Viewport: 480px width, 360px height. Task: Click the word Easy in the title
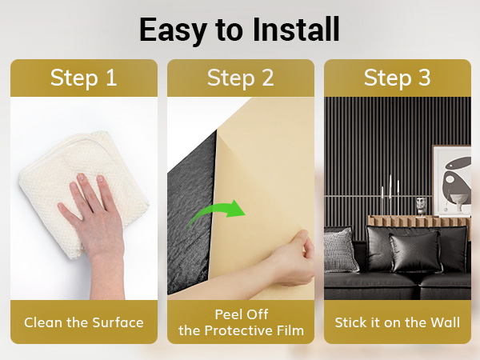173,30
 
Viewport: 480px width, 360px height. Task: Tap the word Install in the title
296,30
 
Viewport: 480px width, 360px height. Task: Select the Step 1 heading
83,78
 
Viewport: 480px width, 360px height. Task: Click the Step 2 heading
240,78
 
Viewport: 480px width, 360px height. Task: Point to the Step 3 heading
398,78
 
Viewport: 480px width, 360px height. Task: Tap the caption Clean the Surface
84,322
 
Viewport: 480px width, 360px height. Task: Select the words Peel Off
242,314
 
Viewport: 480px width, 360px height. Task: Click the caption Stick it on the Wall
398,322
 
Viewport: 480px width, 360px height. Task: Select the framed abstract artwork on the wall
451,181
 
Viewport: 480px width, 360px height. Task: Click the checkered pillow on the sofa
341,250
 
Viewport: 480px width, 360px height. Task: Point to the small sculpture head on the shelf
422,206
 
